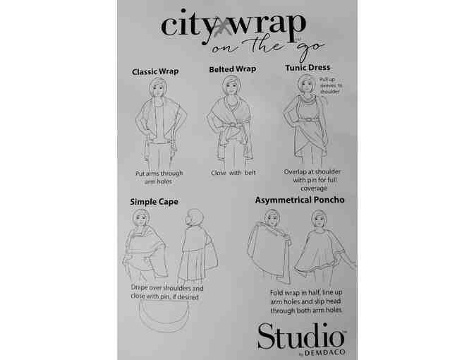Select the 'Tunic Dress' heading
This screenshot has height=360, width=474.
click(307, 68)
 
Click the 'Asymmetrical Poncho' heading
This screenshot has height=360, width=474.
click(300, 200)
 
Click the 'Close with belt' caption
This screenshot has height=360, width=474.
click(232, 173)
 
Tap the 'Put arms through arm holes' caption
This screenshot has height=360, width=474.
click(159, 177)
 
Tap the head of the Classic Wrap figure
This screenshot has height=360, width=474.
click(158, 88)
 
